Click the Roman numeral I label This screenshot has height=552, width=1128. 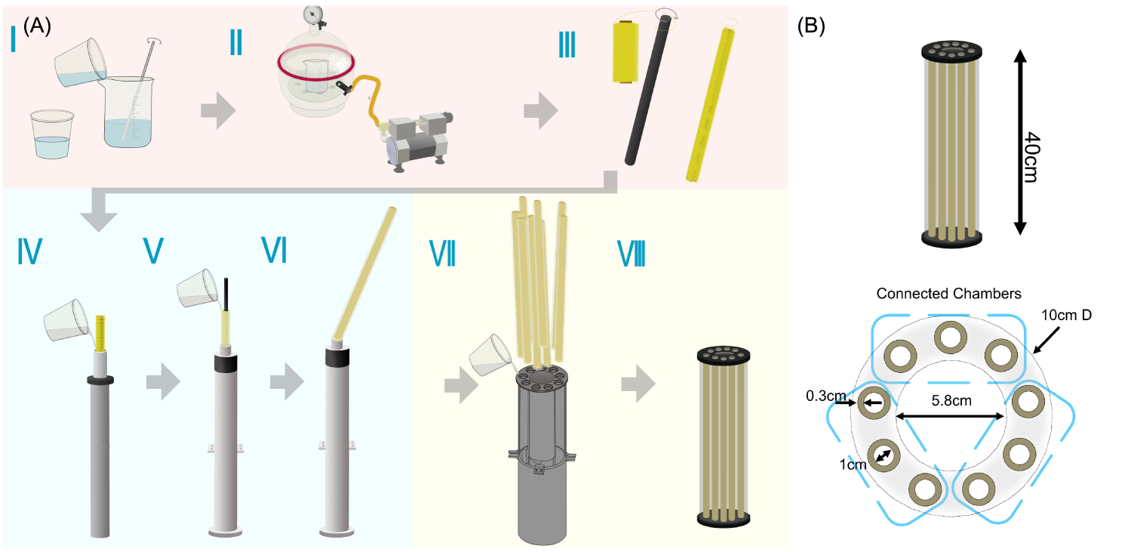pos(14,39)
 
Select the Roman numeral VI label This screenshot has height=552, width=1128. pos(274,251)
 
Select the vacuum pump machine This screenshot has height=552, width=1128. pos(419,140)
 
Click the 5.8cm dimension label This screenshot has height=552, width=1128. pos(951,401)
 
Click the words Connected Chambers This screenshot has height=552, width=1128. pos(949,293)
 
